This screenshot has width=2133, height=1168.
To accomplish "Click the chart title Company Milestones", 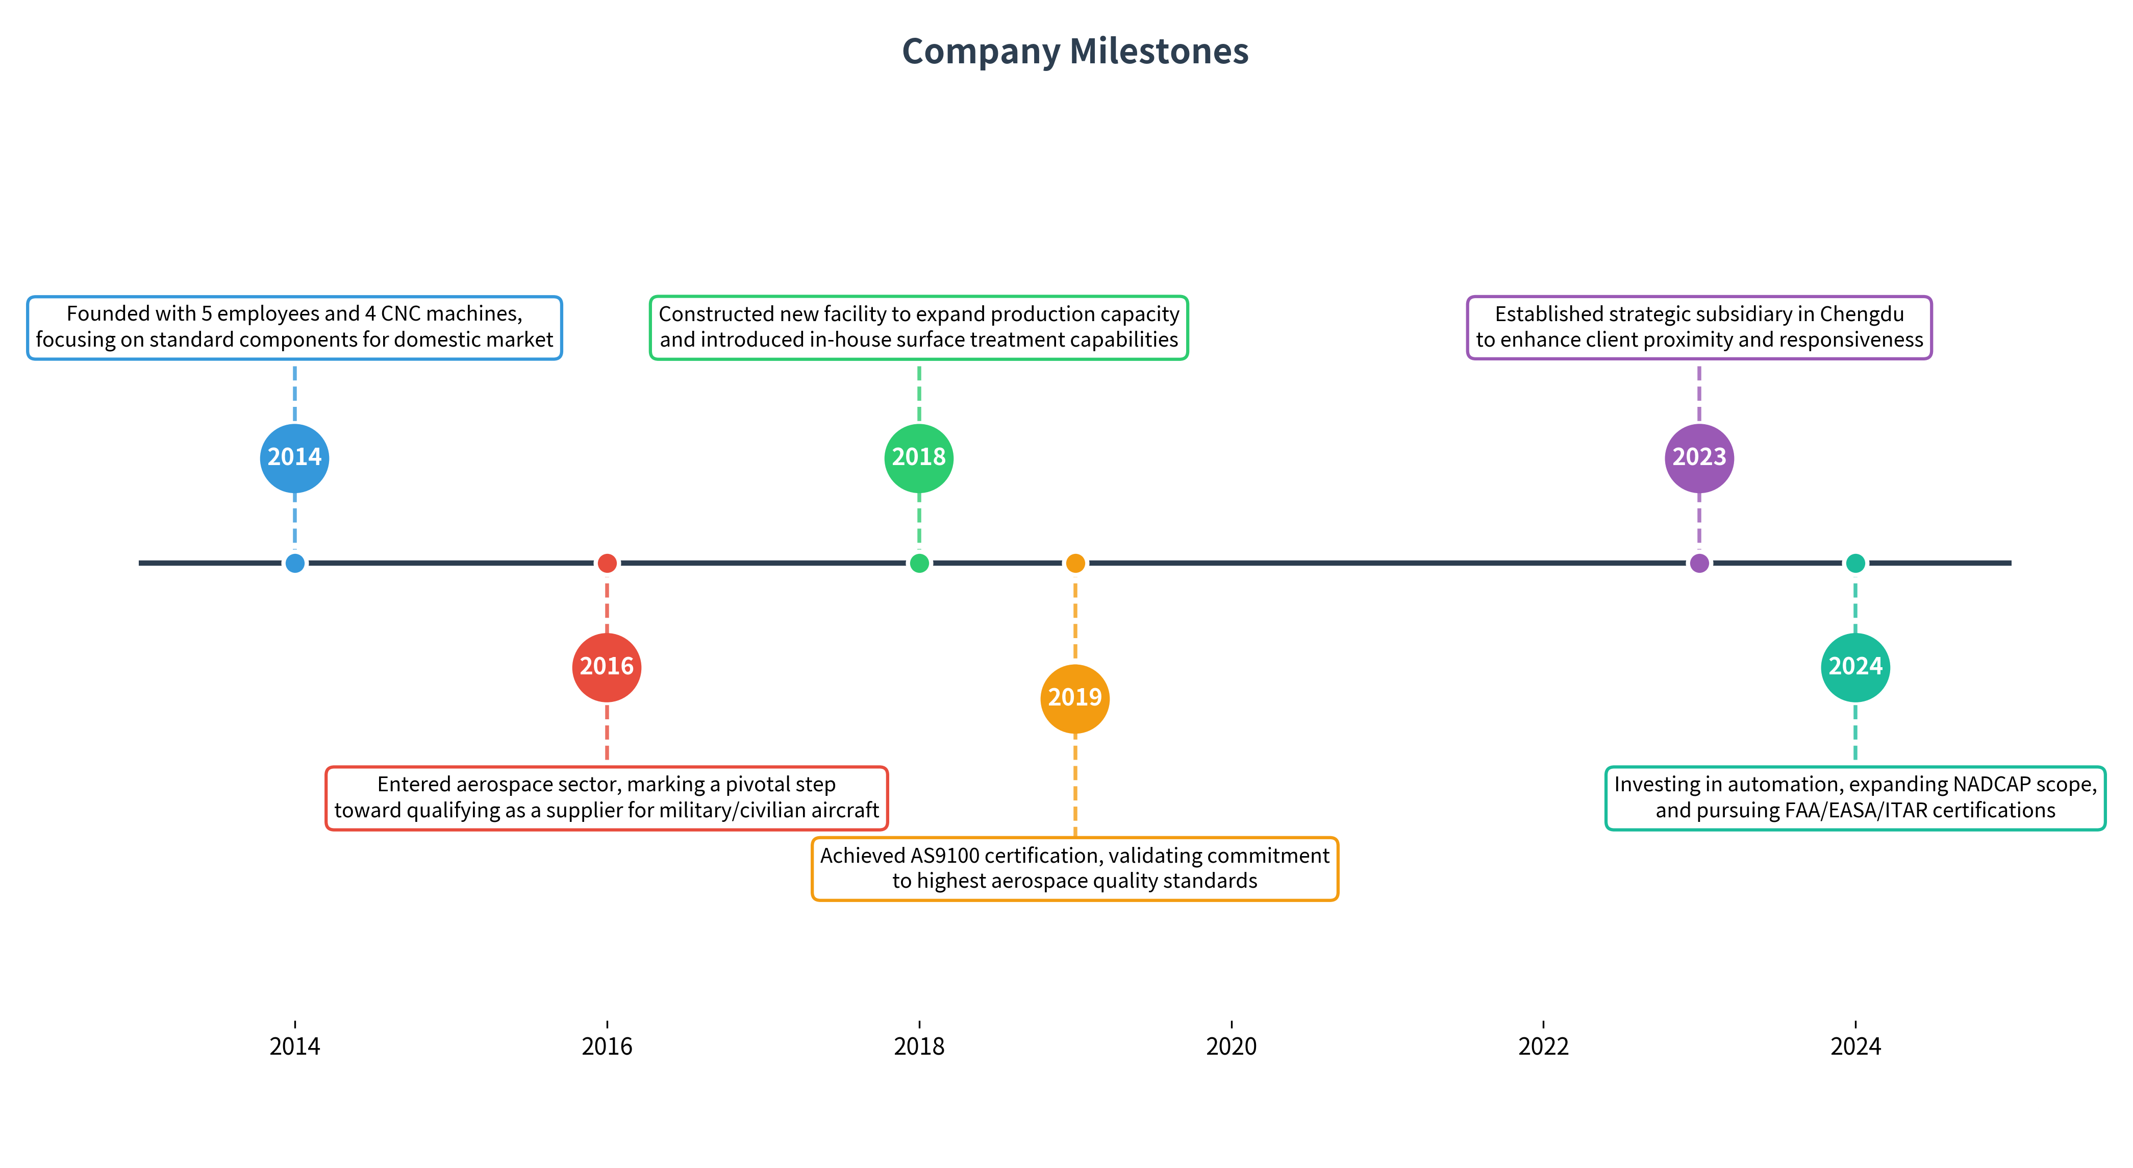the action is (x=1075, y=52).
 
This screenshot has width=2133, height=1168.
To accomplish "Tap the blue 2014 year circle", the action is (x=295, y=458).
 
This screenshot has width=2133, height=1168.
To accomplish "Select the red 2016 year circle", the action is (x=607, y=667).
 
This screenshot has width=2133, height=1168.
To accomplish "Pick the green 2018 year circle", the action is (x=919, y=458).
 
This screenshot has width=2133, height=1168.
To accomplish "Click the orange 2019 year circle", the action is (x=1075, y=698).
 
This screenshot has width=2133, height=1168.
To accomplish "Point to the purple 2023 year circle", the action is (x=1699, y=458).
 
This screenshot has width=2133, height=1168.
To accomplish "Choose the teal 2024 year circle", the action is (x=1855, y=667).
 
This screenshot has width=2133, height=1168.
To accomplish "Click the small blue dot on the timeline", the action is (x=295, y=563).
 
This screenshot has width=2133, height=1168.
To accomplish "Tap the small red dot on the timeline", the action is (x=607, y=563).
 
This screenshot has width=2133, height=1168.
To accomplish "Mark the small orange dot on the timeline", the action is (x=1075, y=563).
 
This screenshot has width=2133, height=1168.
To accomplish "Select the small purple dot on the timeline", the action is (x=1699, y=563).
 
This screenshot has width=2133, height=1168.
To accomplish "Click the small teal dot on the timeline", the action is (x=1855, y=563).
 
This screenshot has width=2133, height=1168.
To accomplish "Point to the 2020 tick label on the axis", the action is (x=1231, y=1046).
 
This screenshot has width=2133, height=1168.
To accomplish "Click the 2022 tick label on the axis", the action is (x=1543, y=1046).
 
